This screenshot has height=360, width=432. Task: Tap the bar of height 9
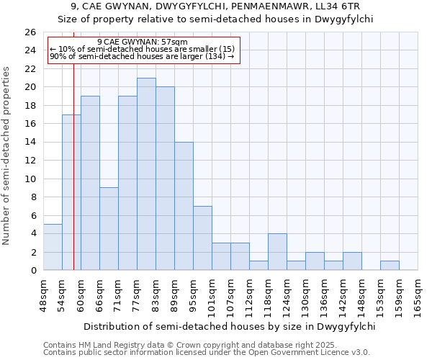pos(109,229)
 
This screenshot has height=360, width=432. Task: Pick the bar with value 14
pos(184,206)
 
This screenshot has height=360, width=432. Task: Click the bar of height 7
pos(202,238)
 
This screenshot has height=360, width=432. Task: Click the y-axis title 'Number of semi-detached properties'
pos(7,156)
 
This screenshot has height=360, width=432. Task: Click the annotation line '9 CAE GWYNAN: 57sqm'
pos(142,42)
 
